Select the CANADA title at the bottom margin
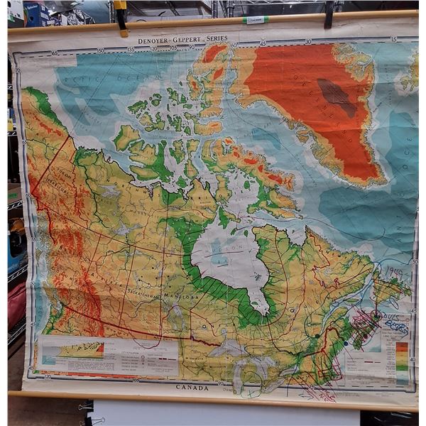[192, 388]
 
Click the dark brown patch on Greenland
[337, 97]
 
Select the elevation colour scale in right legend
[403, 354]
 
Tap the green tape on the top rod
[255, 20]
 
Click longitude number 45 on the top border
[263, 44]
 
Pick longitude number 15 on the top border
[393, 39]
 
